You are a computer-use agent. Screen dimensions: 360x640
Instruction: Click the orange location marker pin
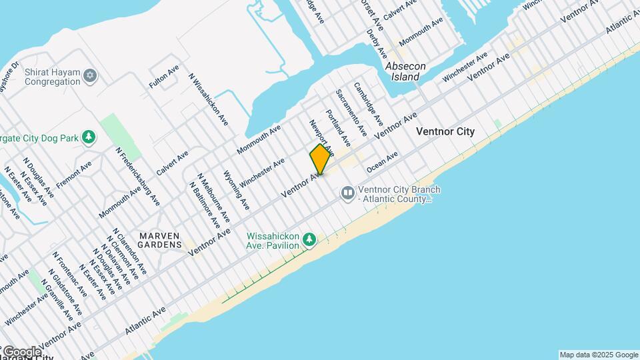(x=320, y=159)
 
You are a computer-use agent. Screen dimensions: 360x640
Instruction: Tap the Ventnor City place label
(x=445, y=131)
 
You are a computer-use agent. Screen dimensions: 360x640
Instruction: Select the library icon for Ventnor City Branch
(x=347, y=193)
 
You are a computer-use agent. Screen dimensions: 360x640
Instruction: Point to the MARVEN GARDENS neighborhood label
(x=160, y=240)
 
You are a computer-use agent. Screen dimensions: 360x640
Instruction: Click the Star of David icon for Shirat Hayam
(x=91, y=74)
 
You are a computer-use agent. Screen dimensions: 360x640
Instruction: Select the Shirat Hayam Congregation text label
(x=52, y=77)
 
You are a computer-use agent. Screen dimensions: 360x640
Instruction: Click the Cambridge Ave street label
(x=368, y=103)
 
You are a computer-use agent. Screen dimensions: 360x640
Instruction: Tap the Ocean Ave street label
(x=382, y=164)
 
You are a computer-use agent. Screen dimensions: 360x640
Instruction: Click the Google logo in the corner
(x=21, y=351)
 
